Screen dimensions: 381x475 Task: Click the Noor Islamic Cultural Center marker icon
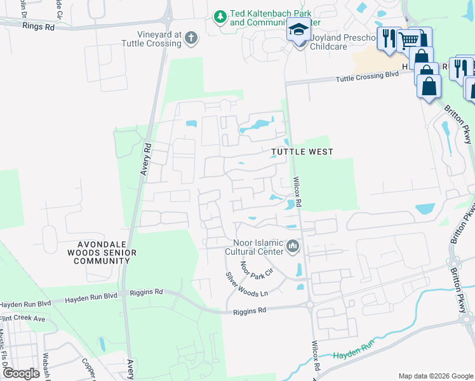click(292, 246)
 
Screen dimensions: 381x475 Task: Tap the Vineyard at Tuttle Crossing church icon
click(190, 39)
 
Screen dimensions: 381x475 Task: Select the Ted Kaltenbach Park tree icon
click(220, 16)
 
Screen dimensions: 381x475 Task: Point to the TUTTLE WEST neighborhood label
click(302, 152)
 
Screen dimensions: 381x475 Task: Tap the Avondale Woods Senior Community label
click(107, 253)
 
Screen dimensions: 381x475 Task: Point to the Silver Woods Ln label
click(248, 285)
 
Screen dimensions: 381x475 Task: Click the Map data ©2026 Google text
click(435, 375)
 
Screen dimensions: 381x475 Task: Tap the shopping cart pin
click(409, 41)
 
